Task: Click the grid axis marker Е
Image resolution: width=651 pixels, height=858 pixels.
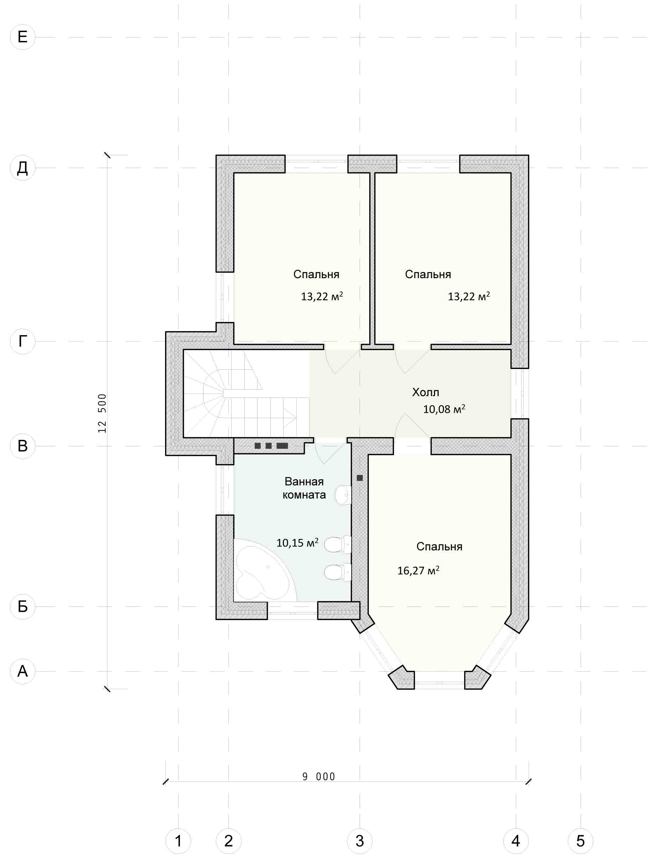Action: tap(22, 37)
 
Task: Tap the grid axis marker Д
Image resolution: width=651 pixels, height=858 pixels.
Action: tap(22, 168)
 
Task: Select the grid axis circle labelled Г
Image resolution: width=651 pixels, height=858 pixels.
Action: tap(22, 341)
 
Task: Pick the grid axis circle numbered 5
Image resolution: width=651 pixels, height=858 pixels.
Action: tap(581, 841)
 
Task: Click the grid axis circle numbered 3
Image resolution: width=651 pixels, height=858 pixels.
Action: tap(360, 841)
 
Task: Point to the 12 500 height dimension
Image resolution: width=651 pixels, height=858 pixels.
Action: tap(102, 414)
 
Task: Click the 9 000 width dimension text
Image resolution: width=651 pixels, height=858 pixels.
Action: tap(318, 776)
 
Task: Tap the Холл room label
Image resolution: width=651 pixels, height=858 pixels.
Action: tap(425, 392)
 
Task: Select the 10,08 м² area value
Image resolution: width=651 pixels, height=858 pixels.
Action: tap(444, 409)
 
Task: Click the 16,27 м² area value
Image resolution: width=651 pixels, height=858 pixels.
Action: tap(418, 570)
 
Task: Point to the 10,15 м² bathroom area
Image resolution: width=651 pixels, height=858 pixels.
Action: tap(297, 543)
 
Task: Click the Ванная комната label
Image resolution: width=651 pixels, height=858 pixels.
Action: tap(304, 488)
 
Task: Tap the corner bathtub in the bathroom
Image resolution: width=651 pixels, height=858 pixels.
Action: tap(264, 570)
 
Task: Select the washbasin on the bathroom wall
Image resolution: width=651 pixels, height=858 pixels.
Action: tap(343, 495)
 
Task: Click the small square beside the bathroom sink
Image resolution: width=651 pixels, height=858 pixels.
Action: tap(360, 478)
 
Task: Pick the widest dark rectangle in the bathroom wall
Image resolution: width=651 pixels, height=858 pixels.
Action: tap(282, 446)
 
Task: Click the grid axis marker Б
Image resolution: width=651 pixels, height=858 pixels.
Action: tap(22, 607)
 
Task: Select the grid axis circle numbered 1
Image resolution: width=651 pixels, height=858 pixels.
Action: tap(178, 841)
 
